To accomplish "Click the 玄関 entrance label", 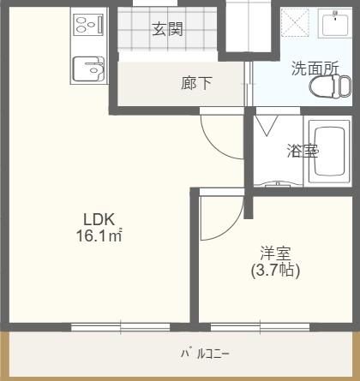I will [168, 29].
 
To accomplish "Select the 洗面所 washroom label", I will [315, 68].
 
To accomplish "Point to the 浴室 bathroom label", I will [302, 152].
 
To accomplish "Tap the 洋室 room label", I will [276, 253].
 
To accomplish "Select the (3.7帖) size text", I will [276, 271].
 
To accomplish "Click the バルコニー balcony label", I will [204, 353].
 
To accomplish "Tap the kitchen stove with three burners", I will [88, 25].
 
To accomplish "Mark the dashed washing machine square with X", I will [297, 24].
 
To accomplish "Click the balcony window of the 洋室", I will [260, 325].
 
